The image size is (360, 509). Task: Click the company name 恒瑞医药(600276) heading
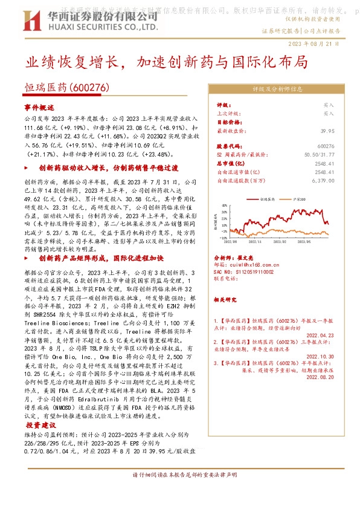click(66, 88)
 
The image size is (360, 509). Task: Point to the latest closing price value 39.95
click(327, 131)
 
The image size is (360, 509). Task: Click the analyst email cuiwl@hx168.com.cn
click(248, 264)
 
